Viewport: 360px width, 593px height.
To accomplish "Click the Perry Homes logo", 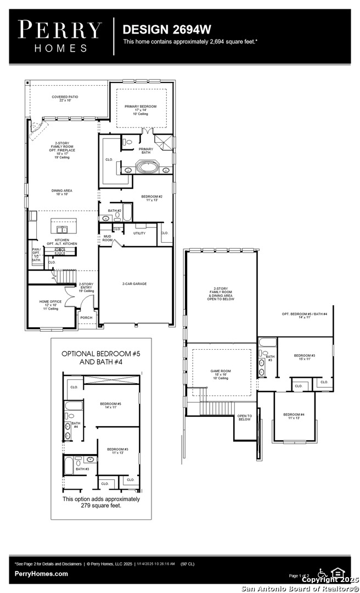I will (x=60, y=36).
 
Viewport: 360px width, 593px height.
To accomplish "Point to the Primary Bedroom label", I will (x=140, y=108).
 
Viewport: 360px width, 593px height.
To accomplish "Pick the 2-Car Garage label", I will (x=134, y=284).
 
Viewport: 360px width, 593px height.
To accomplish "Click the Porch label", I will (x=86, y=317).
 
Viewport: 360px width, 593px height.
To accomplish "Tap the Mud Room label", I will (x=107, y=238).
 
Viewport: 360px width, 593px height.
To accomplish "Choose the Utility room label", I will (x=139, y=233).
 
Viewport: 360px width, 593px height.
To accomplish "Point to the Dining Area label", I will (x=62, y=192).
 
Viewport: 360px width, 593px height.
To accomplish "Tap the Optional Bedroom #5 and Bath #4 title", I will (x=101, y=358).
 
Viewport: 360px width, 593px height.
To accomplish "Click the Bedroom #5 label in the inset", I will (x=110, y=405).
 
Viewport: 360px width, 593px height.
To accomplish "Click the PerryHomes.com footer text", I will (x=42, y=574).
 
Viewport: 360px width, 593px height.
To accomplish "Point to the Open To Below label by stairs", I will (x=244, y=417).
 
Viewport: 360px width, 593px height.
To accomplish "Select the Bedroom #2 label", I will (x=151, y=198).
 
